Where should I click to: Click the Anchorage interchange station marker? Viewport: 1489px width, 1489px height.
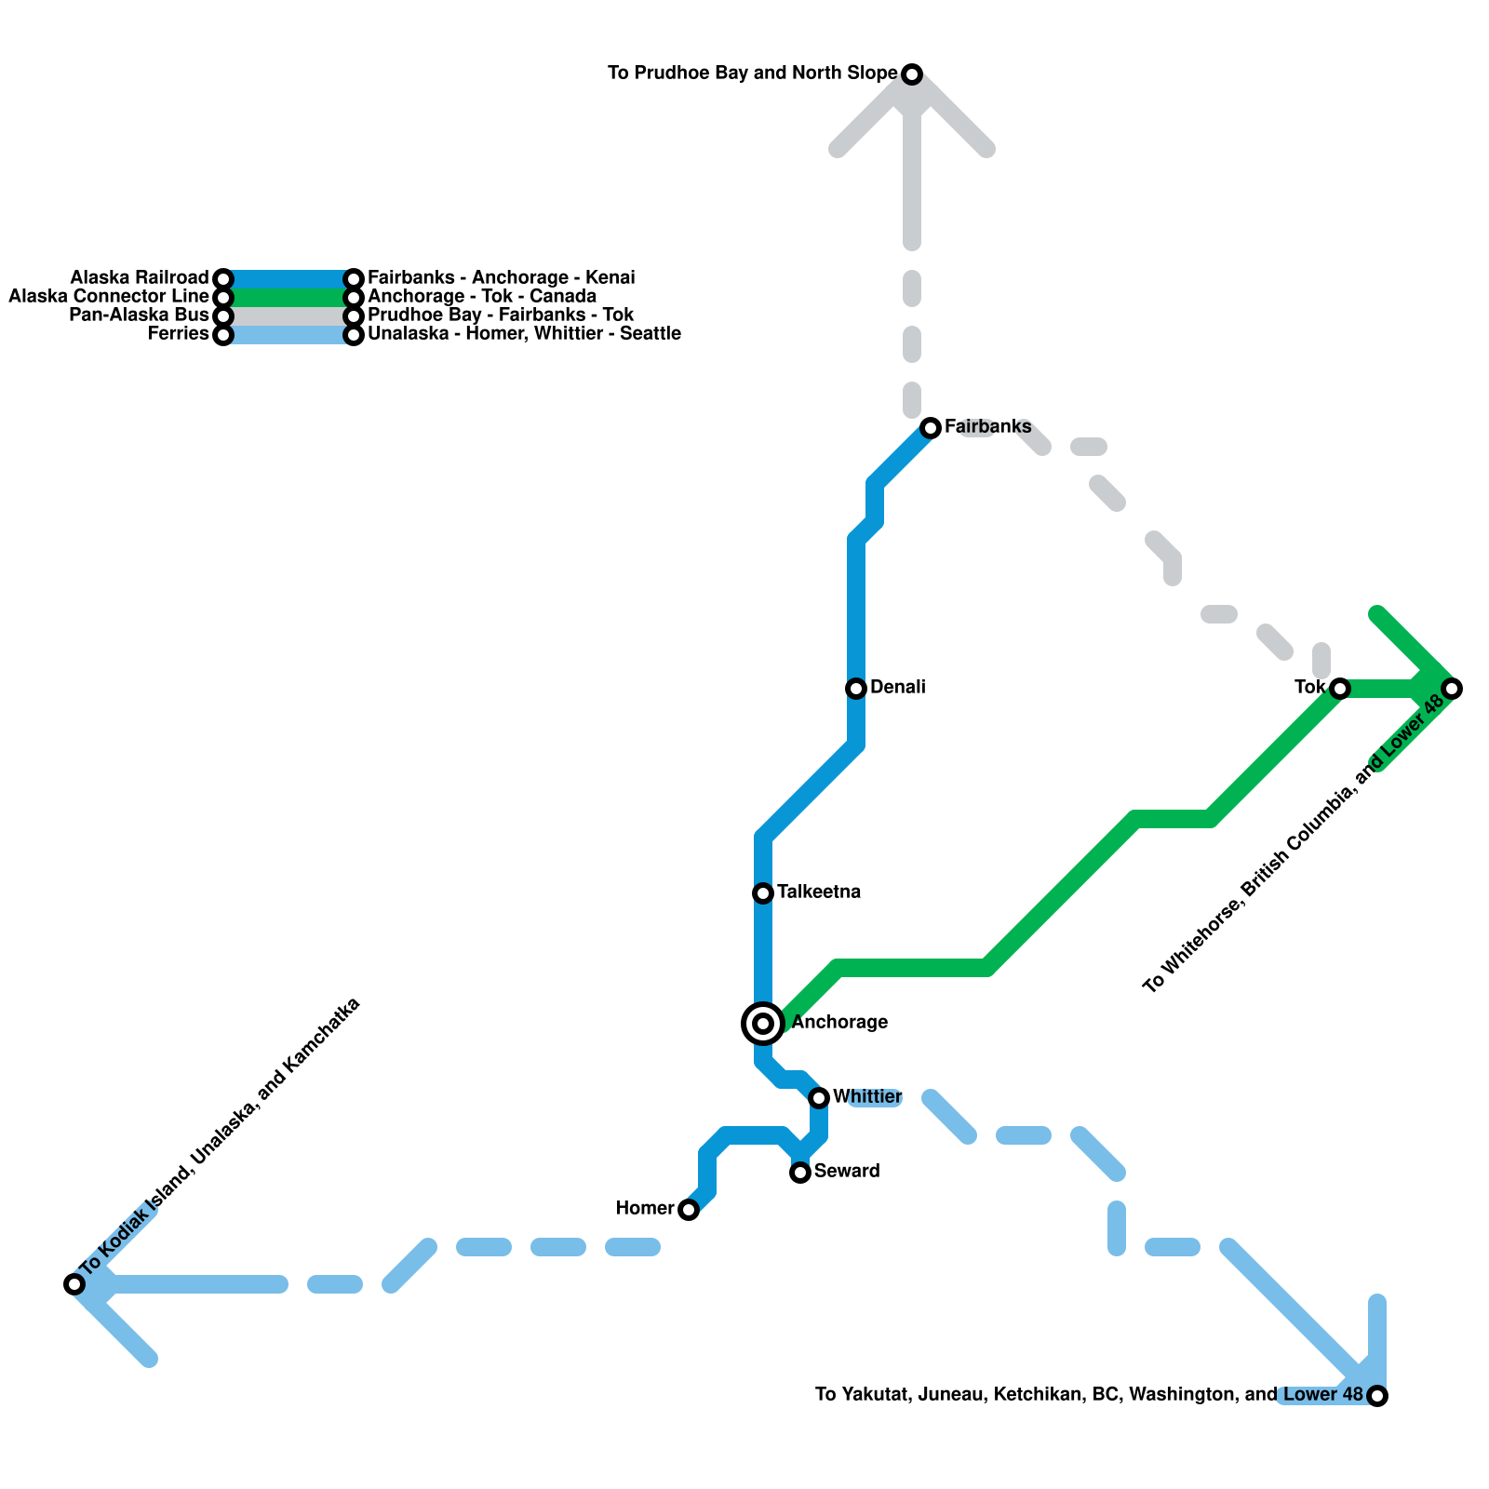pos(763,1024)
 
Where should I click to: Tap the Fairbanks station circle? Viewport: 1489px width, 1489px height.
pos(931,428)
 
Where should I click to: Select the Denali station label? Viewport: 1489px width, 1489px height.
pos(897,688)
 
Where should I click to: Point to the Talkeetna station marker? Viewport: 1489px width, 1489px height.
pos(763,893)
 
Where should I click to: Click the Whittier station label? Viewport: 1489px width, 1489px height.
pos(866,1097)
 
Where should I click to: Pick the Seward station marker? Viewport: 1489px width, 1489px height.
pos(800,1173)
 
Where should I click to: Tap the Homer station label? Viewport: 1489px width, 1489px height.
pos(645,1209)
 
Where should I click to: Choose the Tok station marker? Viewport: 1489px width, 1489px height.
pos(1340,689)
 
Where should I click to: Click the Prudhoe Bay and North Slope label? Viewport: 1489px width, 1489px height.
pos(752,74)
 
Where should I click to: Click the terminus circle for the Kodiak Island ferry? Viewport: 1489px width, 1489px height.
pos(74,1284)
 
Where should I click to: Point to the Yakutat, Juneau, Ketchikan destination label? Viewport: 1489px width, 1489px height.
pos(1089,1395)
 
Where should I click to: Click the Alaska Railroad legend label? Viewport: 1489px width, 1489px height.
pos(140,278)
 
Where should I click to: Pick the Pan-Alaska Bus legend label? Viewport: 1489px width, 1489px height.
pos(140,315)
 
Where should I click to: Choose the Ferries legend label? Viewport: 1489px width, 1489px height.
pos(179,334)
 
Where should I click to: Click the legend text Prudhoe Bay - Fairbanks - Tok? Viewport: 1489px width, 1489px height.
pos(501,315)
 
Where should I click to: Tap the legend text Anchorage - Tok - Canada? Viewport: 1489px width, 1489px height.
pos(482,297)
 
